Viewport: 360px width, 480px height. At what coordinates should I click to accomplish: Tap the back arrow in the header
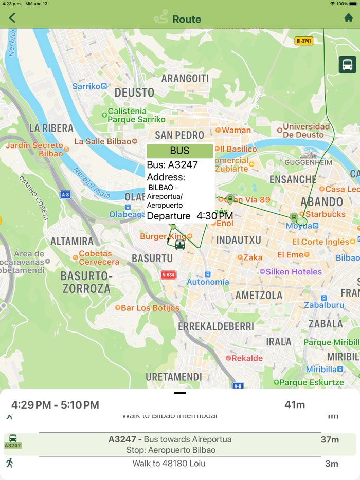point(12,18)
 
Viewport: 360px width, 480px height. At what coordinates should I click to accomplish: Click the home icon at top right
point(348,18)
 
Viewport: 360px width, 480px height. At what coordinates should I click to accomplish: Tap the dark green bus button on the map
point(348,65)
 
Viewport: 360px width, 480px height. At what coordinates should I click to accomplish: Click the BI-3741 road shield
point(304,41)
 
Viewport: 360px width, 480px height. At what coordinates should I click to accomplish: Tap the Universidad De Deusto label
point(306,131)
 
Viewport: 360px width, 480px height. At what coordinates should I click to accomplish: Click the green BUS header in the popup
point(179,151)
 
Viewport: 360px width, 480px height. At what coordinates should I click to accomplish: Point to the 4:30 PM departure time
point(214,216)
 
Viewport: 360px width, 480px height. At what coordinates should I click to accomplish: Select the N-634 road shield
point(168,274)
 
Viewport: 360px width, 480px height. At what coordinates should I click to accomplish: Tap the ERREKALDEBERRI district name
point(216,326)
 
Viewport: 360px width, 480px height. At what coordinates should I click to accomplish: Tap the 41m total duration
point(295,405)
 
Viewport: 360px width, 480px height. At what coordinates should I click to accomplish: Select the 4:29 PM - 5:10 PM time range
point(55,405)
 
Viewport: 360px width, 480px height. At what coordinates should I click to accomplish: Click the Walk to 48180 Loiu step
point(169,464)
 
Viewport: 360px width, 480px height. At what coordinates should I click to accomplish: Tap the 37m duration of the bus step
point(329,439)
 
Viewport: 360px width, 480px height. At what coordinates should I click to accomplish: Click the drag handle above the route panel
point(180,393)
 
